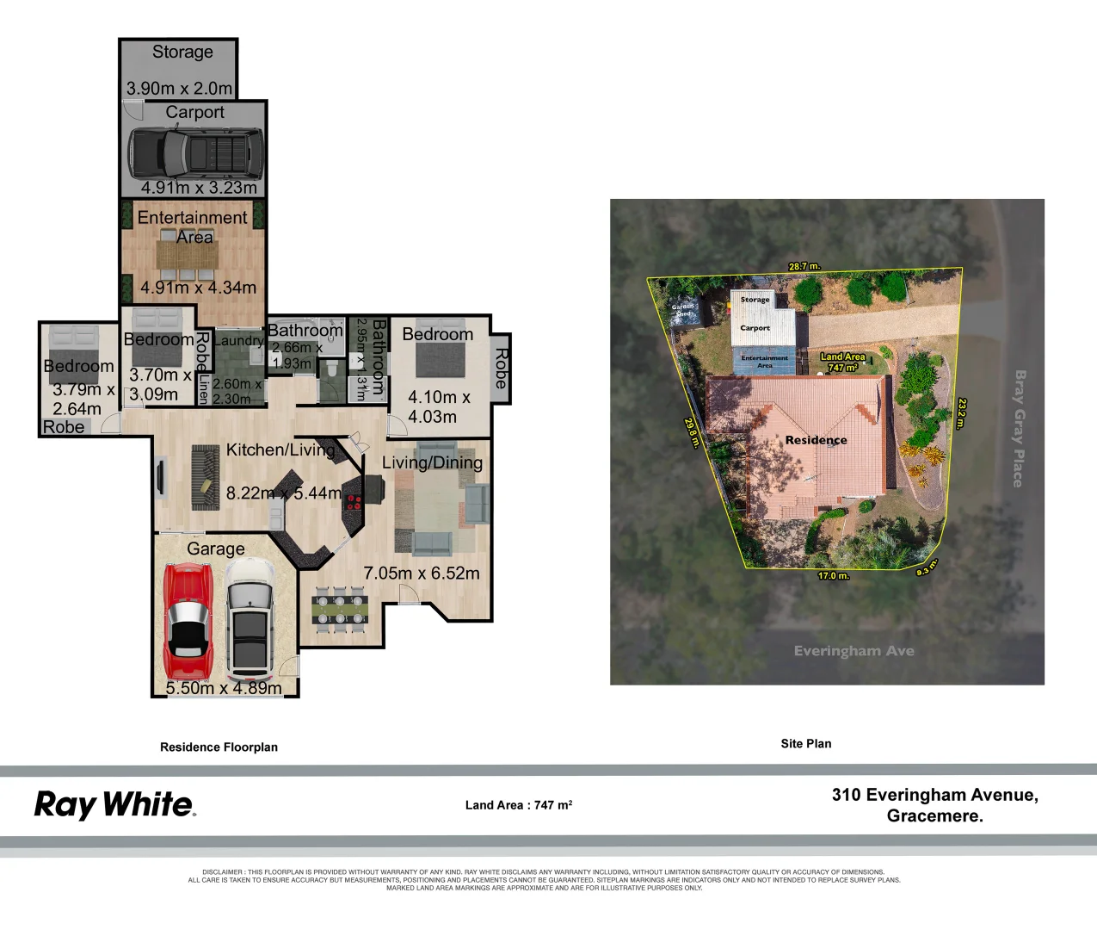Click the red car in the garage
187,620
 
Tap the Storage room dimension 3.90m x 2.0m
179,88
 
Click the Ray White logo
114,805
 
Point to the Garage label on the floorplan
216,549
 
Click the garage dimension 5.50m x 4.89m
224,688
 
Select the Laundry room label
237,340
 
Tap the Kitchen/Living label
280,449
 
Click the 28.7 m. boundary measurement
804,266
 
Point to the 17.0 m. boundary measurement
833,575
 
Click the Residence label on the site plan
816,440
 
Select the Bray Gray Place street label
1020,428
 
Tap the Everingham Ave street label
854,651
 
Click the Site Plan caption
806,743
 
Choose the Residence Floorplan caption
219,747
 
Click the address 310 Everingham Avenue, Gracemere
934,805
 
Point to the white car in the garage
250,618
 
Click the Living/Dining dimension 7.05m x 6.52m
422,573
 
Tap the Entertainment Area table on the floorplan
192,255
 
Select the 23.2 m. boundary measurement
962,412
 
